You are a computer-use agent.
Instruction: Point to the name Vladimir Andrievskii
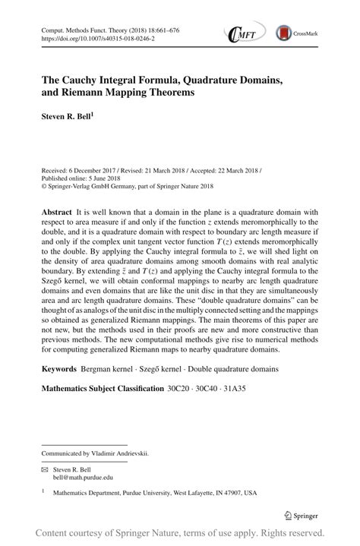click(x=122, y=453)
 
